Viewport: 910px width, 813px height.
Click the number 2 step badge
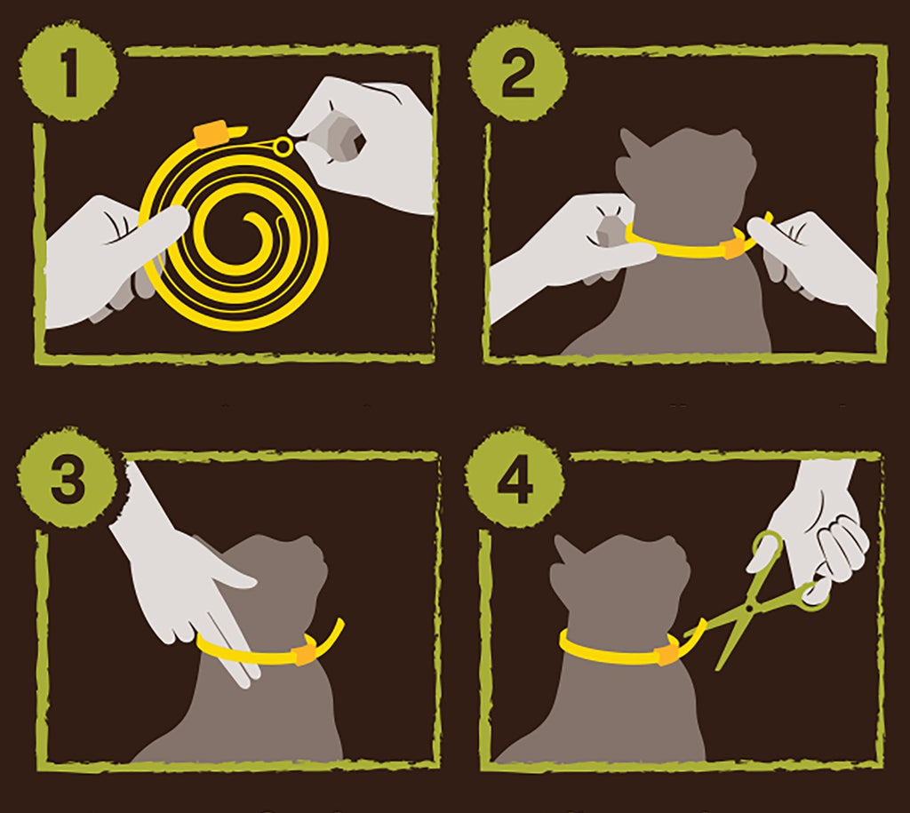[517, 77]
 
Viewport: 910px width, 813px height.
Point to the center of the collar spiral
[238, 234]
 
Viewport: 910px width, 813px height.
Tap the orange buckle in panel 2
[734, 244]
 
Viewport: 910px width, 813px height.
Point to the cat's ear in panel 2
[634, 147]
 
